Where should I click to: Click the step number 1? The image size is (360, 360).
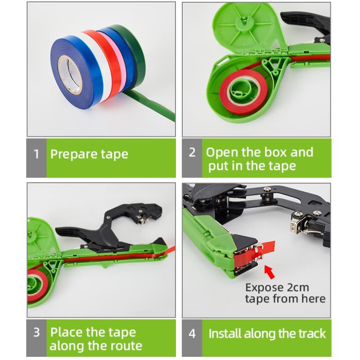pyautogui.click(x=36, y=154)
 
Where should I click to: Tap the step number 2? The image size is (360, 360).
pyautogui.click(x=192, y=153)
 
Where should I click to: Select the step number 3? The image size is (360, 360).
pyautogui.click(x=36, y=333)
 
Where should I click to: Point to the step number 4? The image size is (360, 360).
pyautogui.click(x=192, y=334)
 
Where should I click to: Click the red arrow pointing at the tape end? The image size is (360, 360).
pyautogui.click(x=270, y=272)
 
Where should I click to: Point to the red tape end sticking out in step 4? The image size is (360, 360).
pyautogui.click(x=266, y=248)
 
